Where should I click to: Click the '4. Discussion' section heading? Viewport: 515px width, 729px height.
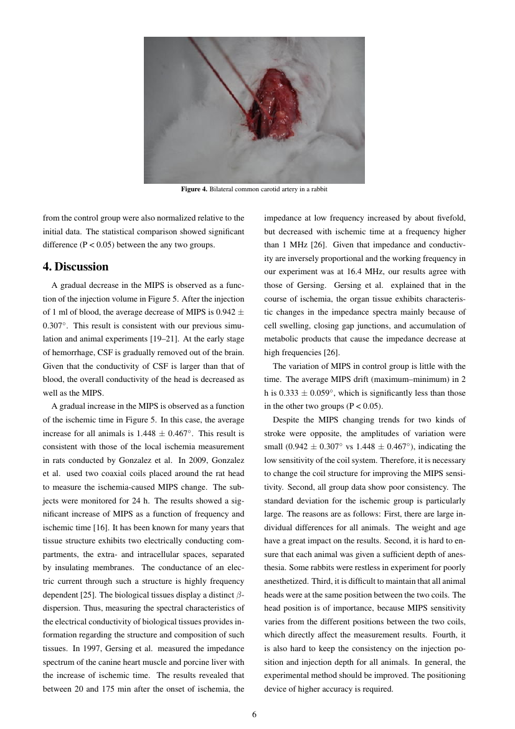pyautogui.click(x=75, y=267)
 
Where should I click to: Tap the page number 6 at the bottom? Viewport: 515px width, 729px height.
pyautogui.click(x=254, y=714)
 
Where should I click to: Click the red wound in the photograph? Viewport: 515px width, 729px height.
pyautogui.click(x=274, y=100)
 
